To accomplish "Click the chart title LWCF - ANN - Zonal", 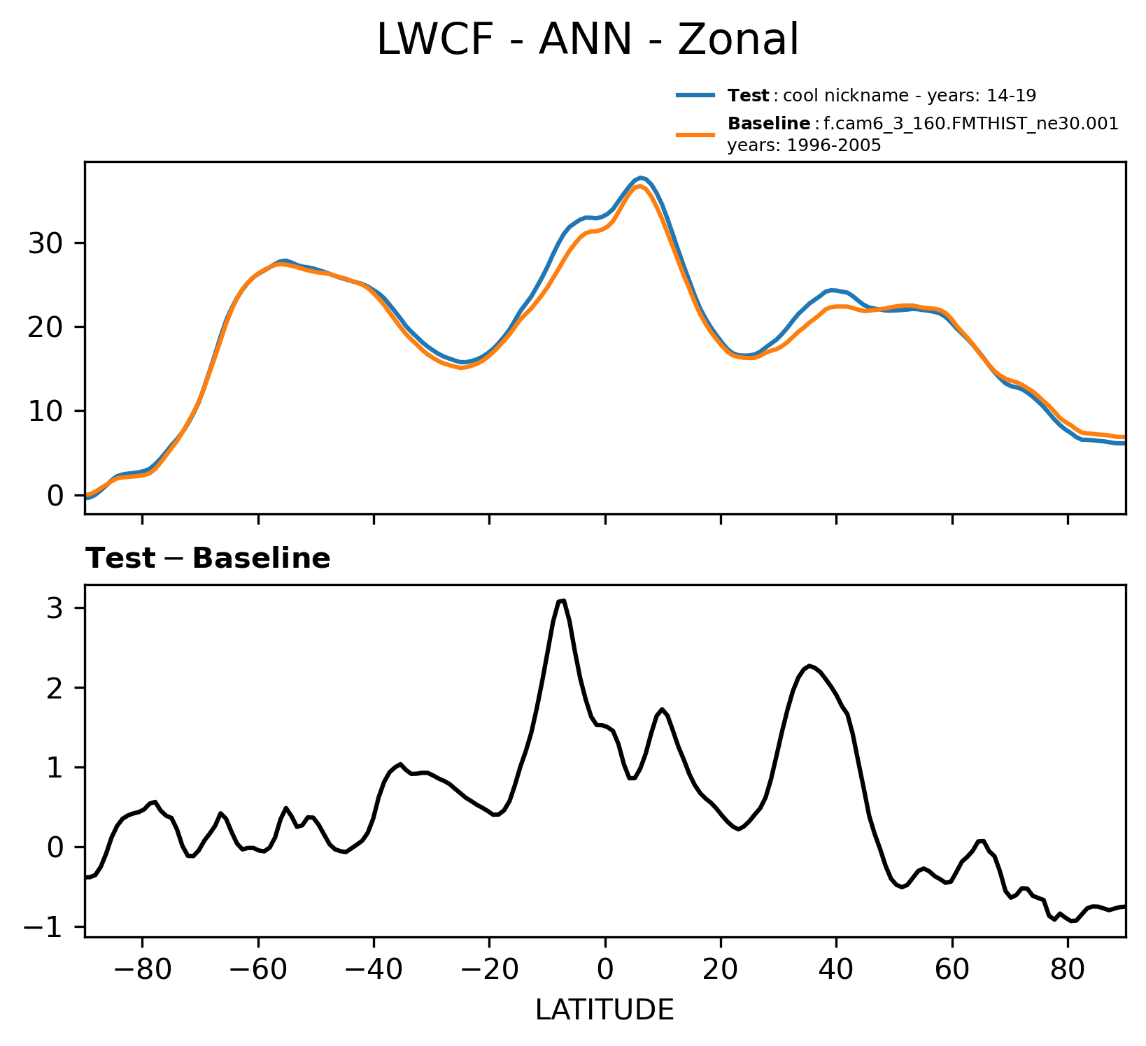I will tap(587, 41).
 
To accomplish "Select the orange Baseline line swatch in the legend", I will tap(695, 134).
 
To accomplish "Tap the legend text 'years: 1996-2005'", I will tap(804, 146).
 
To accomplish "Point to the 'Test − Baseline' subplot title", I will tap(208, 559).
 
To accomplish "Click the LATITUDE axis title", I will tap(604, 1010).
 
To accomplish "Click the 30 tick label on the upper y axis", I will tap(46, 243).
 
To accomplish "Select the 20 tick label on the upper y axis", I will tap(46, 327).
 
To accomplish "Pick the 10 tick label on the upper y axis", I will tap(46, 411).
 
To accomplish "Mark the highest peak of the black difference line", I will tap(563, 600).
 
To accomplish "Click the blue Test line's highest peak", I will tap(641, 178).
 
